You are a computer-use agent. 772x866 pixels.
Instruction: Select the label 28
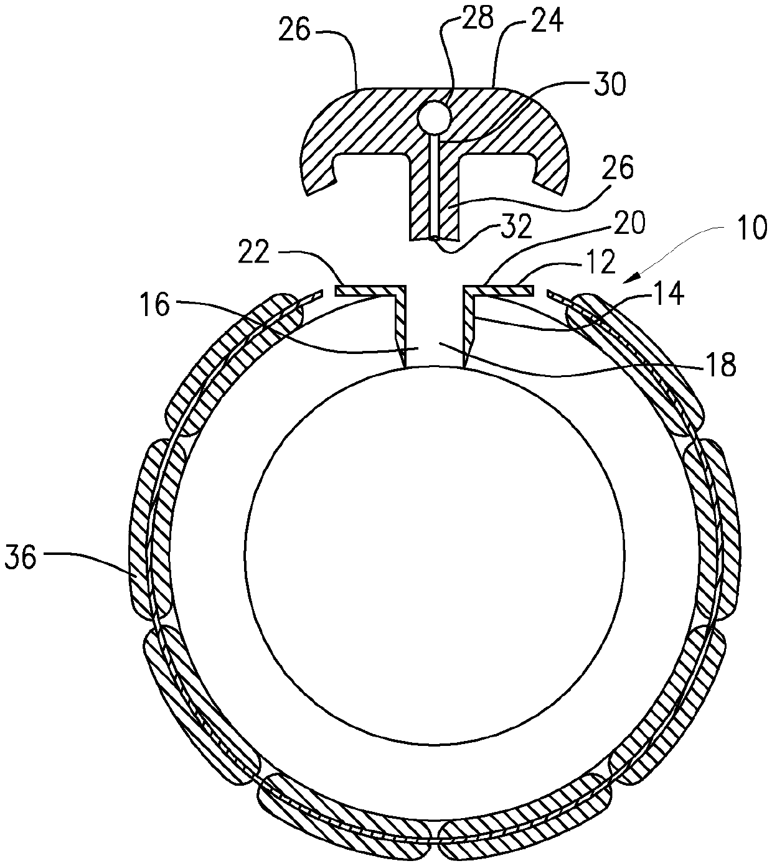click(476, 18)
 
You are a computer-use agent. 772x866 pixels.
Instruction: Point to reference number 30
click(608, 86)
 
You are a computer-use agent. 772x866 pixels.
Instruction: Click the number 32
click(517, 228)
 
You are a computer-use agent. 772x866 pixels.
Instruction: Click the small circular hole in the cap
click(433, 116)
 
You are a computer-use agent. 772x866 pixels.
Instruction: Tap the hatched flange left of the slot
click(367, 290)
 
